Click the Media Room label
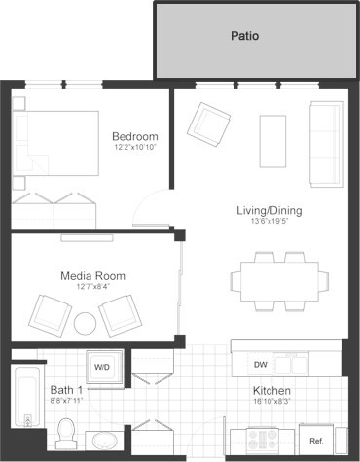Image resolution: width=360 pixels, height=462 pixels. pos(92,275)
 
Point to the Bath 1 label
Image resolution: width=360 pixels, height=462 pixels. pos(66,390)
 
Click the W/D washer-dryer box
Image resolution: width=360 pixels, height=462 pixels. pos(102,367)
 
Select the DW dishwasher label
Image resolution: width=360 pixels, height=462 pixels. pos(260,365)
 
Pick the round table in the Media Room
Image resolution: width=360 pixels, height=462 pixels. pos(86,324)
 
